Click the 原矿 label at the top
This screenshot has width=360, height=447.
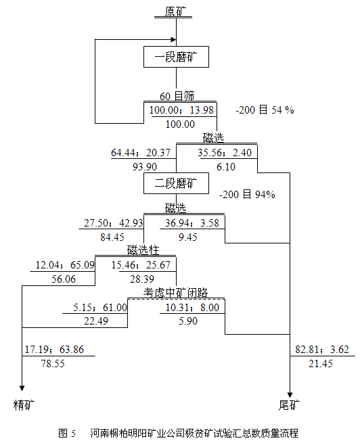click(176, 11)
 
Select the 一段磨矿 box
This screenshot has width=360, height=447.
click(176, 57)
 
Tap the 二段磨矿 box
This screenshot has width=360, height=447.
click(176, 183)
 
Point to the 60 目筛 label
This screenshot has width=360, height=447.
click(177, 96)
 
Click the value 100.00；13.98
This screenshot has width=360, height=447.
click(181, 110)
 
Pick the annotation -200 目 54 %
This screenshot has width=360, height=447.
click(265, 110)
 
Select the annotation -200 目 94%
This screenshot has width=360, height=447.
click(247, 195)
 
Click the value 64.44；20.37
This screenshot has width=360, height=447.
click(141, 153)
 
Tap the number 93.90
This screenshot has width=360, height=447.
click(145, 167)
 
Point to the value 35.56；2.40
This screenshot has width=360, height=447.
click(225, 153)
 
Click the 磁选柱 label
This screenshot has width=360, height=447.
click(143, 250)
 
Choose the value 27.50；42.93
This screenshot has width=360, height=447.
click(113, 223)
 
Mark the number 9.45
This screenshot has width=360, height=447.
click(187, 237)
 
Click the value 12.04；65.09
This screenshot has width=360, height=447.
click(65, 265)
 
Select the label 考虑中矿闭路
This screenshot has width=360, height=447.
click(176, 293)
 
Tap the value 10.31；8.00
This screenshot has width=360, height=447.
click(193, 307)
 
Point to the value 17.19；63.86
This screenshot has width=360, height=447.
click(54, 350)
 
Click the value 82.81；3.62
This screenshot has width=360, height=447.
click(322, 350)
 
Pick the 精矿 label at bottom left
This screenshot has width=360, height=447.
click(24, 405)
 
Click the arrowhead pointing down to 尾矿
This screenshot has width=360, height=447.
click(290, 395)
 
